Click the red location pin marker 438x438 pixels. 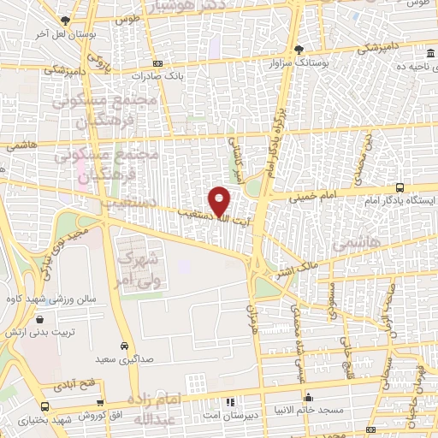coord(220,200)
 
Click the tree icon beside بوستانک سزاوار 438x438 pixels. coord(298,50)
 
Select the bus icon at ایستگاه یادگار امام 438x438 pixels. coord(400,187)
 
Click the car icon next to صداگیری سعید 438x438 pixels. coord(125,346)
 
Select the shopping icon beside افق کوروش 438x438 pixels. coord(102,403)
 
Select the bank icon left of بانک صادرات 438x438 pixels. coord(157,63)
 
